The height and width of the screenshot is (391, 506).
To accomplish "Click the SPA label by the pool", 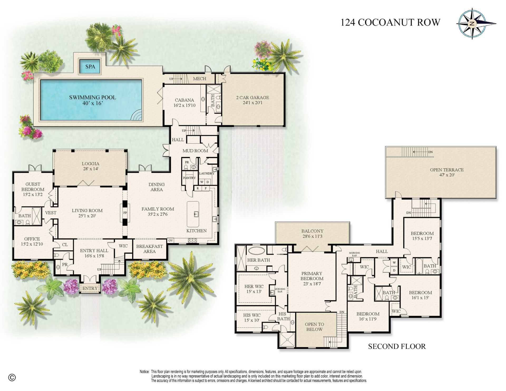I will point(90,66).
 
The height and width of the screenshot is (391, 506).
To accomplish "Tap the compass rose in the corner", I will point(472,24).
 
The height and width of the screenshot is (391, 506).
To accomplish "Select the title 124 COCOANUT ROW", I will point(390,22).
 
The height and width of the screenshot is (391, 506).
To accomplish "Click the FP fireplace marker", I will point(125,213).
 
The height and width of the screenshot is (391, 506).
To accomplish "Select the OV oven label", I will point(171,240).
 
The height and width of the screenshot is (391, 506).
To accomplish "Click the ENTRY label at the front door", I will point(90,288).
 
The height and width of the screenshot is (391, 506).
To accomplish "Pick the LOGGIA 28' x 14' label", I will point(90,166).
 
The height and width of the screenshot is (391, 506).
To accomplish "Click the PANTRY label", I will point(189,178).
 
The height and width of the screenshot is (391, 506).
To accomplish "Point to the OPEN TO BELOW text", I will point(314,327).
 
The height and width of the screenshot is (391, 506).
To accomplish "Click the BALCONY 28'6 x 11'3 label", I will point(312,233).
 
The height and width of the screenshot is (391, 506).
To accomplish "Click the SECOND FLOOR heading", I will point(397,346).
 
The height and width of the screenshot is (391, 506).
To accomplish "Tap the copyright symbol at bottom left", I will point(12,378).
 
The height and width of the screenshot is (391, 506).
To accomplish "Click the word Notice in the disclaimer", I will point(144,372).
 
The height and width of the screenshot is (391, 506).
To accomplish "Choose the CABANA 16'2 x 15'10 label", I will point(184,102).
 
